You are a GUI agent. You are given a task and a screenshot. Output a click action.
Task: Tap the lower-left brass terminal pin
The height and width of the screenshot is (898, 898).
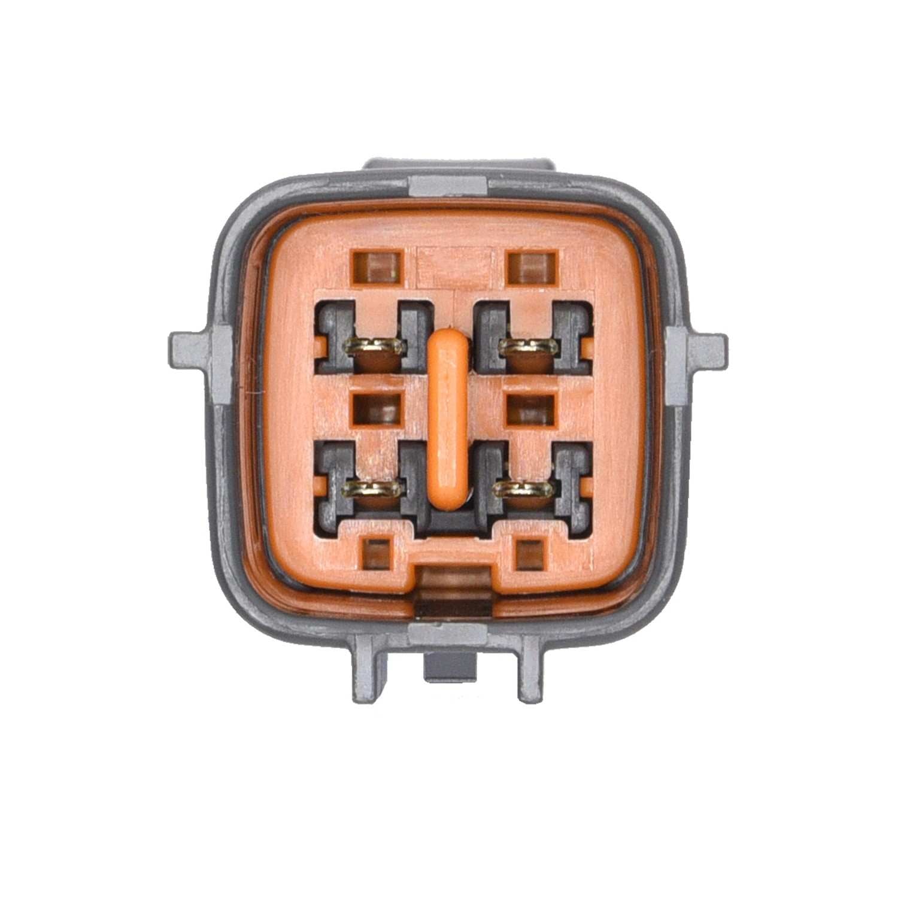point(371,489)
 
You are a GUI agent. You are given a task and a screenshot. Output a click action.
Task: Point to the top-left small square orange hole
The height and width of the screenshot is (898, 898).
point(377,267)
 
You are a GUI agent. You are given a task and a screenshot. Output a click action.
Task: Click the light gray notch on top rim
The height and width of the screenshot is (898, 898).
point(448,187)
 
